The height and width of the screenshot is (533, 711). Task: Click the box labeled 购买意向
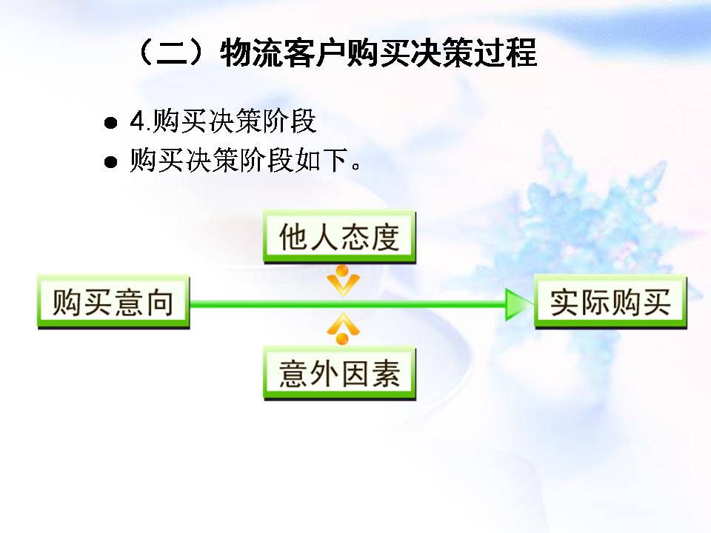click(x=113, y=302)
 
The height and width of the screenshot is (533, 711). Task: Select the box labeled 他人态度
click(x=339, y=237)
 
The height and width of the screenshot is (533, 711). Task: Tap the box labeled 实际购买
click(x=610, y=302)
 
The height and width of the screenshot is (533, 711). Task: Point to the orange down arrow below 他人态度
click(x=342, y=281)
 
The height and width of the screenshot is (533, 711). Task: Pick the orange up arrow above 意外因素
click(x=342, y=328)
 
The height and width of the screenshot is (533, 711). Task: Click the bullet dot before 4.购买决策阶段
click(x=111, y=123)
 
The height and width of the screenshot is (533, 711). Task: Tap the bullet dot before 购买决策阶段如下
click(x=111, y=162)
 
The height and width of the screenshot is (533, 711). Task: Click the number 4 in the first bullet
click(x=136, y=122)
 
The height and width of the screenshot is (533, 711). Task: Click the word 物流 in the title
click(x=253, y=54)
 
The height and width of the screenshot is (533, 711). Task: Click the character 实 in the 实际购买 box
click(x=564, y=303)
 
